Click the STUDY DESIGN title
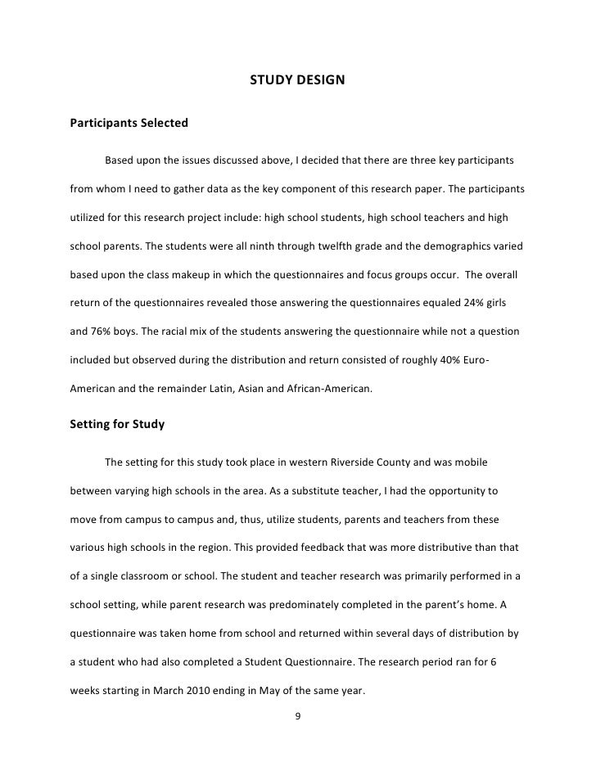[x=298, y=81]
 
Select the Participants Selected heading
[x=129, y=124]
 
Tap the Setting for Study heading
[x=118, y=424]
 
